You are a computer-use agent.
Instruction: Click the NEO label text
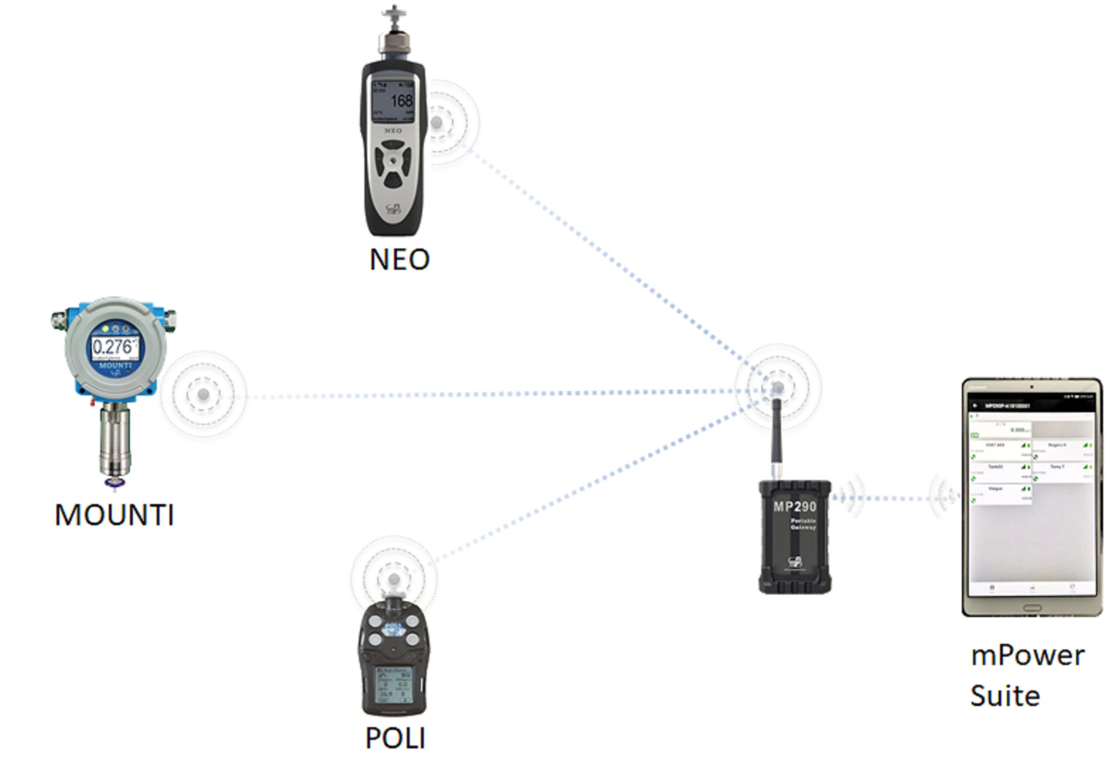(399, 259)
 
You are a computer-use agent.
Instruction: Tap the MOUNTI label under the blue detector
(114, 514)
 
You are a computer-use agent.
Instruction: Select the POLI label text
(395, 738)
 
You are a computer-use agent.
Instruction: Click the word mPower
(1028, 656)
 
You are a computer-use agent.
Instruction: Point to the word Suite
(1005, 696)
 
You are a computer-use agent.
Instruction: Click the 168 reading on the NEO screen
(401, 101)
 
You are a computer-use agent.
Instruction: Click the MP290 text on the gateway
(795, 507)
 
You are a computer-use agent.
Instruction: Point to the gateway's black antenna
(776, 436)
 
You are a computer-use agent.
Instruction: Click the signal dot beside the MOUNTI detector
(204, 394)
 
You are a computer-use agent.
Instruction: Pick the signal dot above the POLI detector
(394, 579)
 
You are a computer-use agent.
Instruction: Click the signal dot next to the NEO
(437, 122)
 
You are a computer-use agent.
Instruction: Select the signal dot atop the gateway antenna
(778, 387)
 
